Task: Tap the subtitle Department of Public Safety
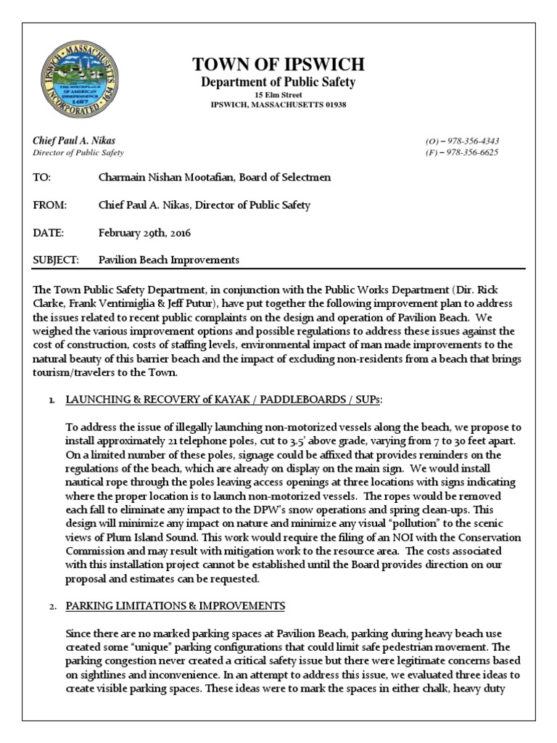[278, 83]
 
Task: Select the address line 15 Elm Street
[278, 95]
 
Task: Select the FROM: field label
[49, 205]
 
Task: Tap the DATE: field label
[49, 233]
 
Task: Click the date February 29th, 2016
[144, 233]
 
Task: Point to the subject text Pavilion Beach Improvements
[168, 260]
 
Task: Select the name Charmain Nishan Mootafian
[162, 178]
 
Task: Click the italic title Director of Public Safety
[78, 153]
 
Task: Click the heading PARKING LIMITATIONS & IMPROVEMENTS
[175, 605]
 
